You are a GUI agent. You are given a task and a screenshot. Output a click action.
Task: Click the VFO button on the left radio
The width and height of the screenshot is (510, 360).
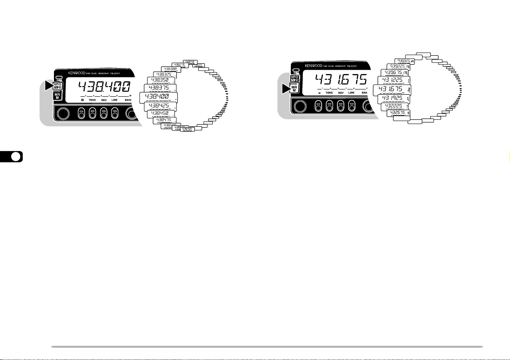click(x=57, y=86)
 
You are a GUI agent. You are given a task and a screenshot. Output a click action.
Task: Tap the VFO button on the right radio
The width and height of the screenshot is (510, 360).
click(x=295, y=78)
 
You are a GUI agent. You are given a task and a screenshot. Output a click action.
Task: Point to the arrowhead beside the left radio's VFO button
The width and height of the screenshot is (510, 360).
click(x=48, y=86)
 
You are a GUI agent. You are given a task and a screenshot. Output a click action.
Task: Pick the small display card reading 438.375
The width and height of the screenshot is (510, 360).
click(x=158, y=88)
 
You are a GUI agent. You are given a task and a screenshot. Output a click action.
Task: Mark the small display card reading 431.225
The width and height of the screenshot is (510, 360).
click(x=392, y=80)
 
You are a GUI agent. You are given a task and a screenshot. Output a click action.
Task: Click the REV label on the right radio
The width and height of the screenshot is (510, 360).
click(x=341, y=93)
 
